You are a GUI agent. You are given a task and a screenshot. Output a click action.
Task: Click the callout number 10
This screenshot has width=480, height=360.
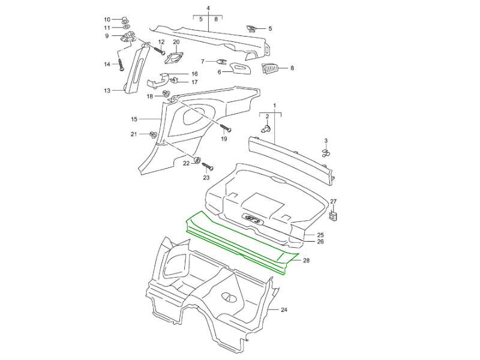(107, 20)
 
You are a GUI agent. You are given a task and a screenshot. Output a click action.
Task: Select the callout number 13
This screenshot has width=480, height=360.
(107, 91)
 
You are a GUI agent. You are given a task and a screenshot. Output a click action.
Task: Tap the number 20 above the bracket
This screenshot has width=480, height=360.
(176, 42)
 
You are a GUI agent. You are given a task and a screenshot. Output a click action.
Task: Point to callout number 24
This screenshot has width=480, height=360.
(284, 310)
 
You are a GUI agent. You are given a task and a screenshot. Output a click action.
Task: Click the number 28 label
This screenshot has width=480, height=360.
(306, 261)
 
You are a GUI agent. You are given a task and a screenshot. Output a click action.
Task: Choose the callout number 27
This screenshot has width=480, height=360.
(334, 202)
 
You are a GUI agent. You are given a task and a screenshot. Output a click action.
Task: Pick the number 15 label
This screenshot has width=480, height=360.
(134, 119)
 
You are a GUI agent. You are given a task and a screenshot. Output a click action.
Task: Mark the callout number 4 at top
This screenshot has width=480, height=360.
(208, 8)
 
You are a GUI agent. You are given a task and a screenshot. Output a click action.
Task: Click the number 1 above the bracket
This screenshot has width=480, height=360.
(275, 105)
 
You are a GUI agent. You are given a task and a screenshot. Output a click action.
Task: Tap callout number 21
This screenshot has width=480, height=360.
(134, 134)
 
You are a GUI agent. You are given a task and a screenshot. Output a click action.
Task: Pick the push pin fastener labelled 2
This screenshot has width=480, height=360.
(266, 128)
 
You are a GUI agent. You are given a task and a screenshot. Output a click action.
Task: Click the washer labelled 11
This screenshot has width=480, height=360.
(127, 28)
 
